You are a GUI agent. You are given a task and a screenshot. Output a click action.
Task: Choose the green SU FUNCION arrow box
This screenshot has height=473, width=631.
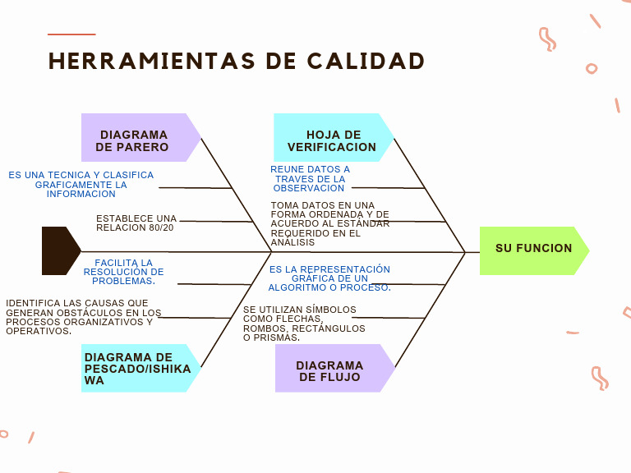pos(532,249)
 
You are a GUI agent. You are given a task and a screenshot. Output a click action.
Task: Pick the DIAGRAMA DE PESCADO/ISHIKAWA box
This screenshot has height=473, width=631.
pos(136,369)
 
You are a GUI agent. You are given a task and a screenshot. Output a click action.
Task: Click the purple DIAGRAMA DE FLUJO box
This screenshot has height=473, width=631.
pos(329,369)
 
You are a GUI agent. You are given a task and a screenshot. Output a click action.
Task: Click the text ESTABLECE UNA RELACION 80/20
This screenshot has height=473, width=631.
pos(136,223)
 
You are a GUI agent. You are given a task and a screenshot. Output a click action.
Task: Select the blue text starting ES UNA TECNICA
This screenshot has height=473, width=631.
pos(81,184)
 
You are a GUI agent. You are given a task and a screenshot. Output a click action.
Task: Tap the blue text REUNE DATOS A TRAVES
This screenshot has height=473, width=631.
pos(310,179)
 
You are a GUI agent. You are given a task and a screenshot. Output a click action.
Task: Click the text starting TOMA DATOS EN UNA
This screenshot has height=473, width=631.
pos(329,223)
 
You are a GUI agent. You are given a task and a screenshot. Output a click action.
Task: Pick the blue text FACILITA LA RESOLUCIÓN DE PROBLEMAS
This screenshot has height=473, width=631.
pos(123,272)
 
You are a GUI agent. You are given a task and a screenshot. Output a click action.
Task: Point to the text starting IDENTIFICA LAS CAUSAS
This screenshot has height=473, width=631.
pos(83,317)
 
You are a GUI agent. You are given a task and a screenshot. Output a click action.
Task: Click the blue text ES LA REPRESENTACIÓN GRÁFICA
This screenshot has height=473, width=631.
pos(329,278)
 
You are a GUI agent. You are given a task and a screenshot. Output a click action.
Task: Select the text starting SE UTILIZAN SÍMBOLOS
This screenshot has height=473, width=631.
pos(303,324)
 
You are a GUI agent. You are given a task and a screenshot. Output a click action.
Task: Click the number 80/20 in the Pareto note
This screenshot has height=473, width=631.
pos(161,227)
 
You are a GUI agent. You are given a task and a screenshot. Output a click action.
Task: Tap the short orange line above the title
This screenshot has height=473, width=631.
pos(71,34)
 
